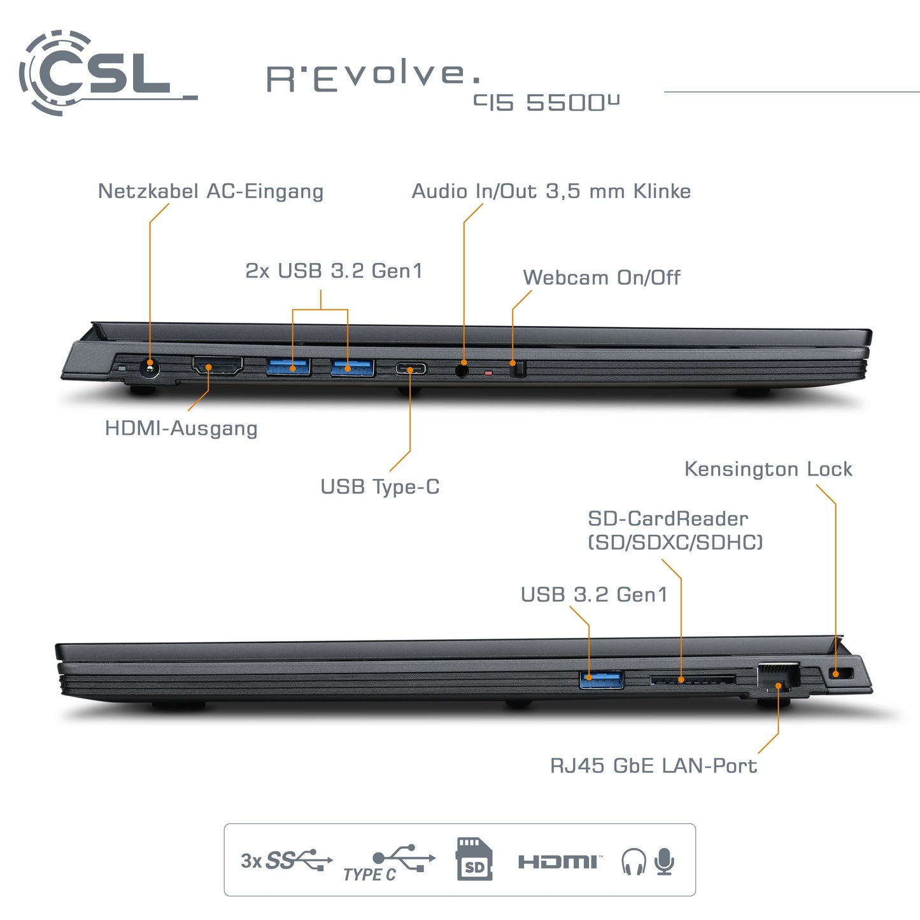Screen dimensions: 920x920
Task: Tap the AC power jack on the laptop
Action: pyautogui.click(x=150, y=368)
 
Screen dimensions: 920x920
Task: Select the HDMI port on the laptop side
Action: pyautogui.click(x=217, y=366)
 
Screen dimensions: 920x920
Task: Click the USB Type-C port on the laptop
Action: pyautogui.click(x=411, y=368)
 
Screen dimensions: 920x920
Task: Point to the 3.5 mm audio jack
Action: pyautogui.click(x=463, y=368)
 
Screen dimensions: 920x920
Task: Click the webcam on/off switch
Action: pyautogui.click(x=518, y=369)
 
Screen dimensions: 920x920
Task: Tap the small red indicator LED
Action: pyautogui.click(x=488, y=373)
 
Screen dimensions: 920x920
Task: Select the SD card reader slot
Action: pyautogui.click(x=693, y=680)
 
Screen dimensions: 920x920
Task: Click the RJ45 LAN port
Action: pyautogui.click(x=778, y=676)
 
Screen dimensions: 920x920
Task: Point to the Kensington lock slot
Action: pyautogui.click(x=842, y=673)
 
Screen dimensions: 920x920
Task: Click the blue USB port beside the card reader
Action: pyautogui.click(x=601, y=679)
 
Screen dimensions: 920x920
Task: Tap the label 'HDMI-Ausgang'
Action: pyautogui.click(x=181, y=428)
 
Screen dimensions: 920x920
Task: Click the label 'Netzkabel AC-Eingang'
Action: pyautogui.click(x=210, y=191)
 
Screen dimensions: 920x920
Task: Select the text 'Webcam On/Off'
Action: pyautogui.click(x=601, y=278)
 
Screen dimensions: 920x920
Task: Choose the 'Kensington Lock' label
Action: pyautogui.click(x=768, y=469)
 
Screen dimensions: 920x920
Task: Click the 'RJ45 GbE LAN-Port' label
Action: pyautogui.click(x=653, y=765)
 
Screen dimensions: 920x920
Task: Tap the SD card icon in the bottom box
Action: pyautogui.click(x=474, y=860)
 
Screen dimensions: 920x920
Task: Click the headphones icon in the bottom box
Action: pyautogui.click(x=633, y=861)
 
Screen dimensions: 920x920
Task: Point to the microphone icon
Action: pyautogui.click(x=665, y=861)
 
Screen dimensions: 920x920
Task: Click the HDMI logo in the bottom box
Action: pyautogui.click(x=559, y=862)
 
